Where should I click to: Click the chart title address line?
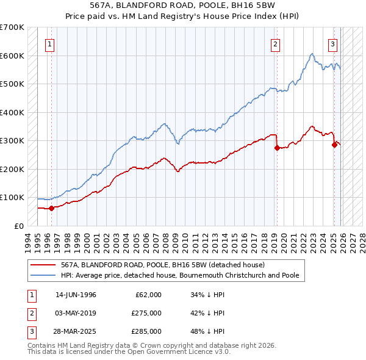pyautogui.click(x=183, y=5)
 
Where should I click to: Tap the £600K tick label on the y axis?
pyautogui.click(x=12, y=56)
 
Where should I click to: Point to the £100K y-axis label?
pyautogui.click(x=12, y=198)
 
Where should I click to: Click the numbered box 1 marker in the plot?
pyautogui.click(x=49, y=43)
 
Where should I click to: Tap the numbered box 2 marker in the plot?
pyautogui.click(x=276, y=43)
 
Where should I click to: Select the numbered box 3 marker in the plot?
pyautogui.click(x=333, y=43)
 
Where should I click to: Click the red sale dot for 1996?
pyautogui.click(x=52, y=208)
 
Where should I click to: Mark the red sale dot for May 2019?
pyautogui.click(x=277, y=148)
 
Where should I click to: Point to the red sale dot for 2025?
pyautogui.click(x=334, y=145)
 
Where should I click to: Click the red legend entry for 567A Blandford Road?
pyautogui.click(x=162, y=265)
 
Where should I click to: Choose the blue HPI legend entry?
pyautogui.click(x=179, y=275)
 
